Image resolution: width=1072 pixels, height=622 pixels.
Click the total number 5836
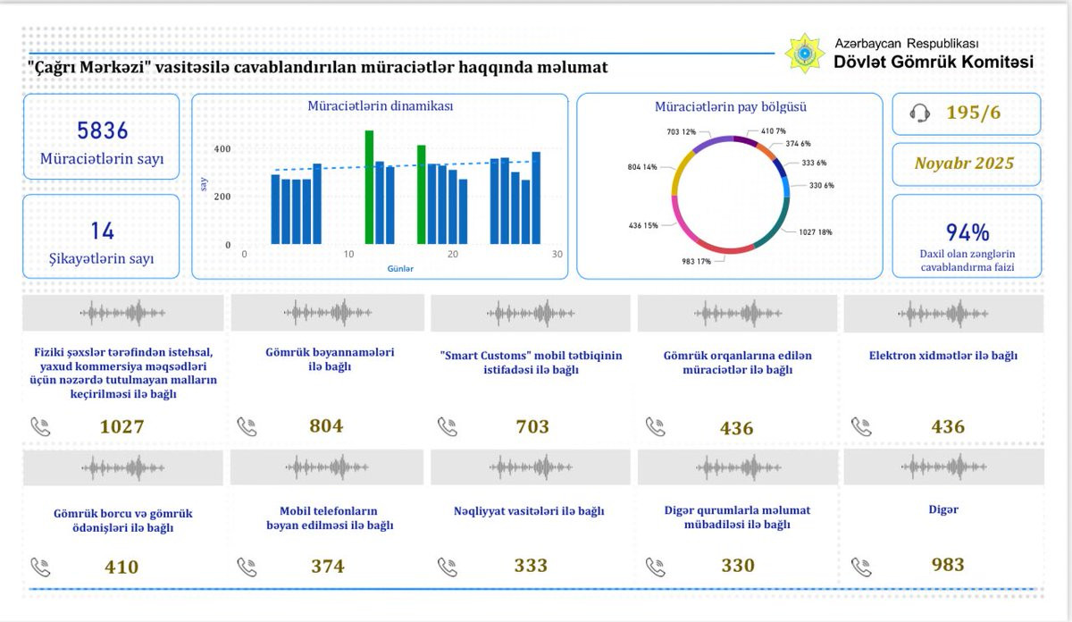click(x=103, y=130)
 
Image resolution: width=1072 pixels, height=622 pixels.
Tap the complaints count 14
click(x=103, y=231)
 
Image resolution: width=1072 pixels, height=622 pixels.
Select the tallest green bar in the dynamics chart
click(x=369, y=187)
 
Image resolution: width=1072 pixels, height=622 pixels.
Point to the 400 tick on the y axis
click(x=222, y=149)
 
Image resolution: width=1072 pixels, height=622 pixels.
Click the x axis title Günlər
click(x=400, y=269)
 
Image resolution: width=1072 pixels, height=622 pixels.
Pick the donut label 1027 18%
click(x=816, y=232)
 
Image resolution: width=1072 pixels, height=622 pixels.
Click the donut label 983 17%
click(x=696, y=262)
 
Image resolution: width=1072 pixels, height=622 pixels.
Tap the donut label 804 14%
click(x=642, y=167)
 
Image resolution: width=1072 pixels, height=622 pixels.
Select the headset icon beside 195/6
click(x=919, y=113)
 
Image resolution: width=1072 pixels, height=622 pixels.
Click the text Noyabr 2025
click(x=964, y=164)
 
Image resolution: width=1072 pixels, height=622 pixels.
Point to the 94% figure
click(x=967, y=232)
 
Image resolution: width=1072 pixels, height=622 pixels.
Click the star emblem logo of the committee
click(x=805, y=53)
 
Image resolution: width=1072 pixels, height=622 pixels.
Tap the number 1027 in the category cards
click(x=122, y=426)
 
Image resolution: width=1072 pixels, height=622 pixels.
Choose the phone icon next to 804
click(x=247, y=426)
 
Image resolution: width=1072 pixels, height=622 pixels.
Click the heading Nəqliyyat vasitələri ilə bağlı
click(x=529, y=511)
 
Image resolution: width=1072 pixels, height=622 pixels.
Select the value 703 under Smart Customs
click(x=532, y=426)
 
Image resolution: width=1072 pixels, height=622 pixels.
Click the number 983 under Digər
click(x=948, y=565)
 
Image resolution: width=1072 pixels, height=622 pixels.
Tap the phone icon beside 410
click(x=41, y=567)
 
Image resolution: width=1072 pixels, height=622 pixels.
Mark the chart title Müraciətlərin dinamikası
click(x=380, y=105)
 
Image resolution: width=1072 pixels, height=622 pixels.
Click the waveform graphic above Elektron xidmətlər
click(x=942, y=314)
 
